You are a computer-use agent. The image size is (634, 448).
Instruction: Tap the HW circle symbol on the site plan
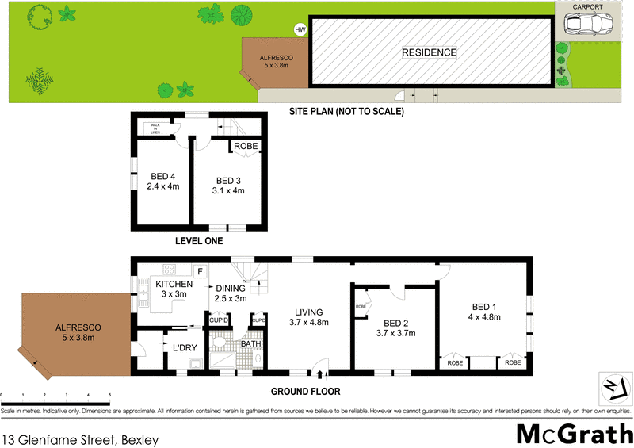tap(300, 30)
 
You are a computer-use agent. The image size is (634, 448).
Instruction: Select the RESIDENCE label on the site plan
tap(429, 53)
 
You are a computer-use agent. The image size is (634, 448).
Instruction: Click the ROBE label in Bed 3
tap(245, 147)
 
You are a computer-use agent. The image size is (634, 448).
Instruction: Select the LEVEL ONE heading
tap(198, 241)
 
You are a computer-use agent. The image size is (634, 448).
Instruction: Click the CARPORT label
tap(587, 6)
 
